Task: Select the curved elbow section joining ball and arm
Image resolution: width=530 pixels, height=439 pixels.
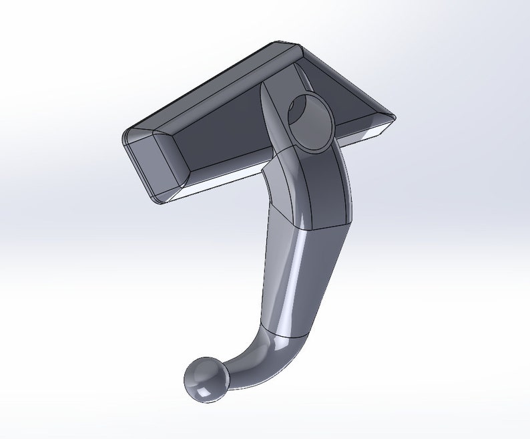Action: click(x=267, y=354)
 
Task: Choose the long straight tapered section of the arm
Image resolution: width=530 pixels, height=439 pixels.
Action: click(x=294, y=281)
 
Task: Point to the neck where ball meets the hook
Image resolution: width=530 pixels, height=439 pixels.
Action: click(x=227, y=371)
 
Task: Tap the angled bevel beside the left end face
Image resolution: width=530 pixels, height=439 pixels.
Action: click(x=170, y=160)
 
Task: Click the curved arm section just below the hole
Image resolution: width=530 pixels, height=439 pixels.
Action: click(x=314, y=187)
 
